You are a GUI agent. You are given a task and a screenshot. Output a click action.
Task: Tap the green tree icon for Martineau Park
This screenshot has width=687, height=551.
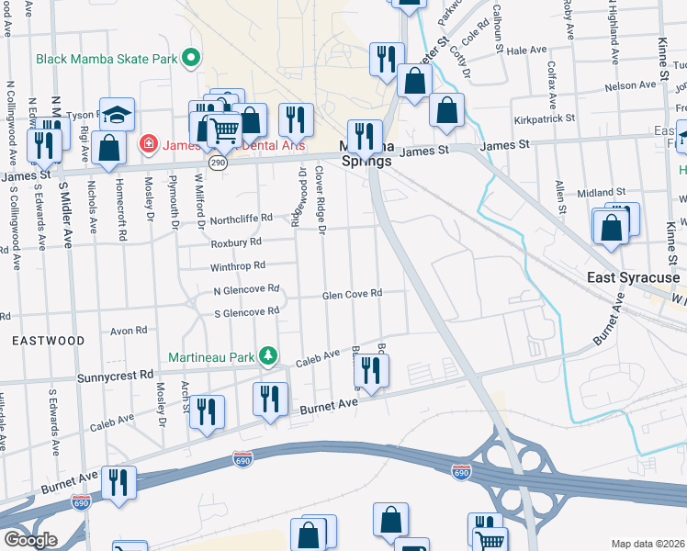267,355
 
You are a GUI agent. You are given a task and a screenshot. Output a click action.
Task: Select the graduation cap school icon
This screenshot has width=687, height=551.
117,115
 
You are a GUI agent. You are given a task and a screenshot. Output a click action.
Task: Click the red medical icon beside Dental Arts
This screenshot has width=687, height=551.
147,144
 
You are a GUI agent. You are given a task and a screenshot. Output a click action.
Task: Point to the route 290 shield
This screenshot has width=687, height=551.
217,162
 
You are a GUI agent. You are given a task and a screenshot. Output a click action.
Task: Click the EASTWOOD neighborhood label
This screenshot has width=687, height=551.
48,341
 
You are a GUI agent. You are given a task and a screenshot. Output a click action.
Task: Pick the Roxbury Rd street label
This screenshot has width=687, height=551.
236,242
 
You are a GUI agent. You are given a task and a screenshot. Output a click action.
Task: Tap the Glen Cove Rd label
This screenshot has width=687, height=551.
351,295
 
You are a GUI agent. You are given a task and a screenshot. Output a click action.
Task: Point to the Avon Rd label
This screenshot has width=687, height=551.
129,331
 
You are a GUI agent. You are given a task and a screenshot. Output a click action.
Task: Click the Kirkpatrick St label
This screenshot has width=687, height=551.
544,118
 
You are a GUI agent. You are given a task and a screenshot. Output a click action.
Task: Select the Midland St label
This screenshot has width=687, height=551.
601,193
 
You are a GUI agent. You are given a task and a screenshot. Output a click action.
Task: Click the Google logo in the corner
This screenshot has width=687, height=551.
29,539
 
